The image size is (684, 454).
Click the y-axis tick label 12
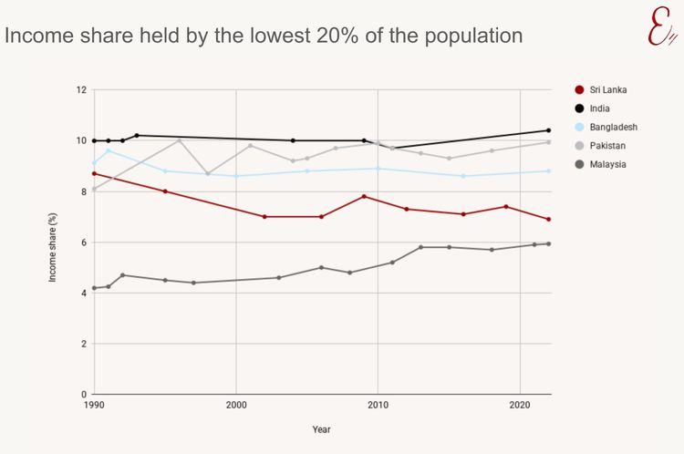80,90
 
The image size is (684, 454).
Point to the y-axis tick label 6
82,242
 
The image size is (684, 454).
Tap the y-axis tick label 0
82,395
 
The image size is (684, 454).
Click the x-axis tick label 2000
236,404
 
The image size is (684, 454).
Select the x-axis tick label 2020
520,404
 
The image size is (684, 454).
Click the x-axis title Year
321,429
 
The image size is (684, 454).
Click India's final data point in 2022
548,130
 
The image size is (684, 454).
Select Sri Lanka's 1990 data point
94,173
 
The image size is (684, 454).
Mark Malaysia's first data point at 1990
94,288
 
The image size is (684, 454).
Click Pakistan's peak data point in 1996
180,140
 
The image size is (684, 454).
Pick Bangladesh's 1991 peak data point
109,150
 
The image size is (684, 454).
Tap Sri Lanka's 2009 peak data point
364,196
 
